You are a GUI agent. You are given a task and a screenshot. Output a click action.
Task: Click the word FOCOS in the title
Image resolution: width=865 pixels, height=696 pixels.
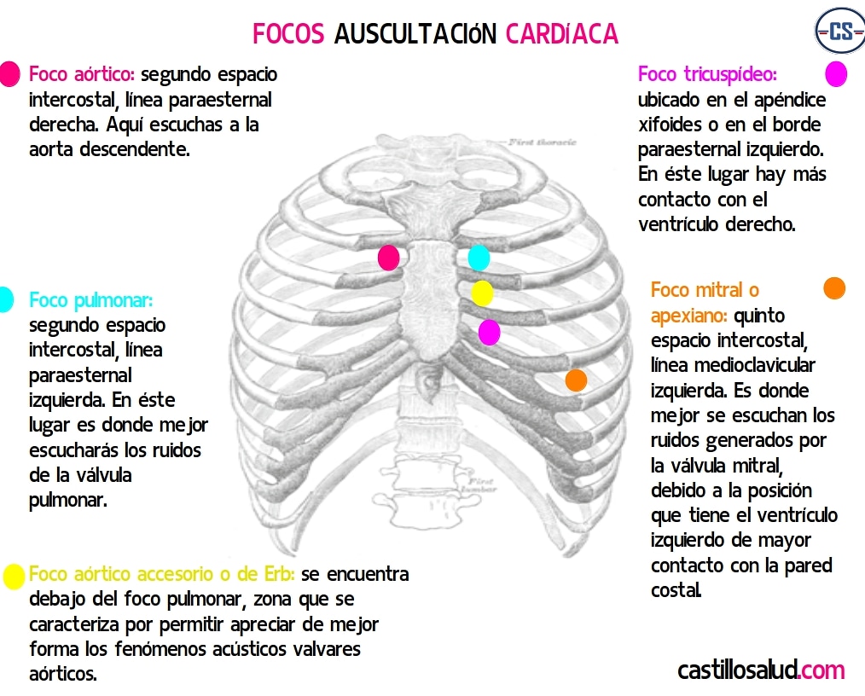[x=288, y=34]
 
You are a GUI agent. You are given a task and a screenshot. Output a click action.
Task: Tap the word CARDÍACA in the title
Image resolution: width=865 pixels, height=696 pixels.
[x=561, y=34]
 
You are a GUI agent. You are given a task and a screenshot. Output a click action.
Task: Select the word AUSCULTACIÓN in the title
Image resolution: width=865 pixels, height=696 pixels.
[x=415, y=34]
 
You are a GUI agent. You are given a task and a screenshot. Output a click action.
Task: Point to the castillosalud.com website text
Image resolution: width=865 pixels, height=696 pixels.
[x=761, y=670]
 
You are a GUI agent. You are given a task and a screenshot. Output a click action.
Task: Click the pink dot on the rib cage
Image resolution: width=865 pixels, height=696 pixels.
[x=388, y=258]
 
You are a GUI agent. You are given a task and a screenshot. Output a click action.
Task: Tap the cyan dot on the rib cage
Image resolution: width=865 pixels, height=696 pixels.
[x=479, y=257]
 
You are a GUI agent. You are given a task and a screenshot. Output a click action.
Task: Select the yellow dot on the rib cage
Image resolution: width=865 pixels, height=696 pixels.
[x=482, y=293]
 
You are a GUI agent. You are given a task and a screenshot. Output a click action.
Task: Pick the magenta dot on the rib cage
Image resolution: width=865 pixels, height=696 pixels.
[x=489, y=332]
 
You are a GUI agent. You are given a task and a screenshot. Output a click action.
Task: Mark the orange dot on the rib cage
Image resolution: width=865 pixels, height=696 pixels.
[x=576, y=380]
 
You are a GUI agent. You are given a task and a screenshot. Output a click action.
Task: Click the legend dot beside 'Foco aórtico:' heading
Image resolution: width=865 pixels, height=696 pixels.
[x=9, y=74]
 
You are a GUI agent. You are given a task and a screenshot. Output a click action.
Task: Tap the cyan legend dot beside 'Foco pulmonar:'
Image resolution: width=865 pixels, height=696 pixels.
[x=4, y=299]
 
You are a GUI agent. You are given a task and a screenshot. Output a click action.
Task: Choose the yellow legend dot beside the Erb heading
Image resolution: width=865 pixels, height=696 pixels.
[x=14, y=577]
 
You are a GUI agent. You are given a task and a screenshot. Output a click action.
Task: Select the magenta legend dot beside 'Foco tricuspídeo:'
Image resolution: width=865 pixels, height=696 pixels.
[x=836, y=74]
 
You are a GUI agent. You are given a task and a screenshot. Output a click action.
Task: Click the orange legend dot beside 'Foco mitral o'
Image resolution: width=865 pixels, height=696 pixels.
[x=833, y=288]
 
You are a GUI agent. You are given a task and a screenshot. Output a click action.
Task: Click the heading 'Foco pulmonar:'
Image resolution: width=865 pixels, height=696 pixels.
[x=90, y=300]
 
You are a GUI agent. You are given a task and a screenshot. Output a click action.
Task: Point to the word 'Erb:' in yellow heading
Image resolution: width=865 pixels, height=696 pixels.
[x=278, y=574]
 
